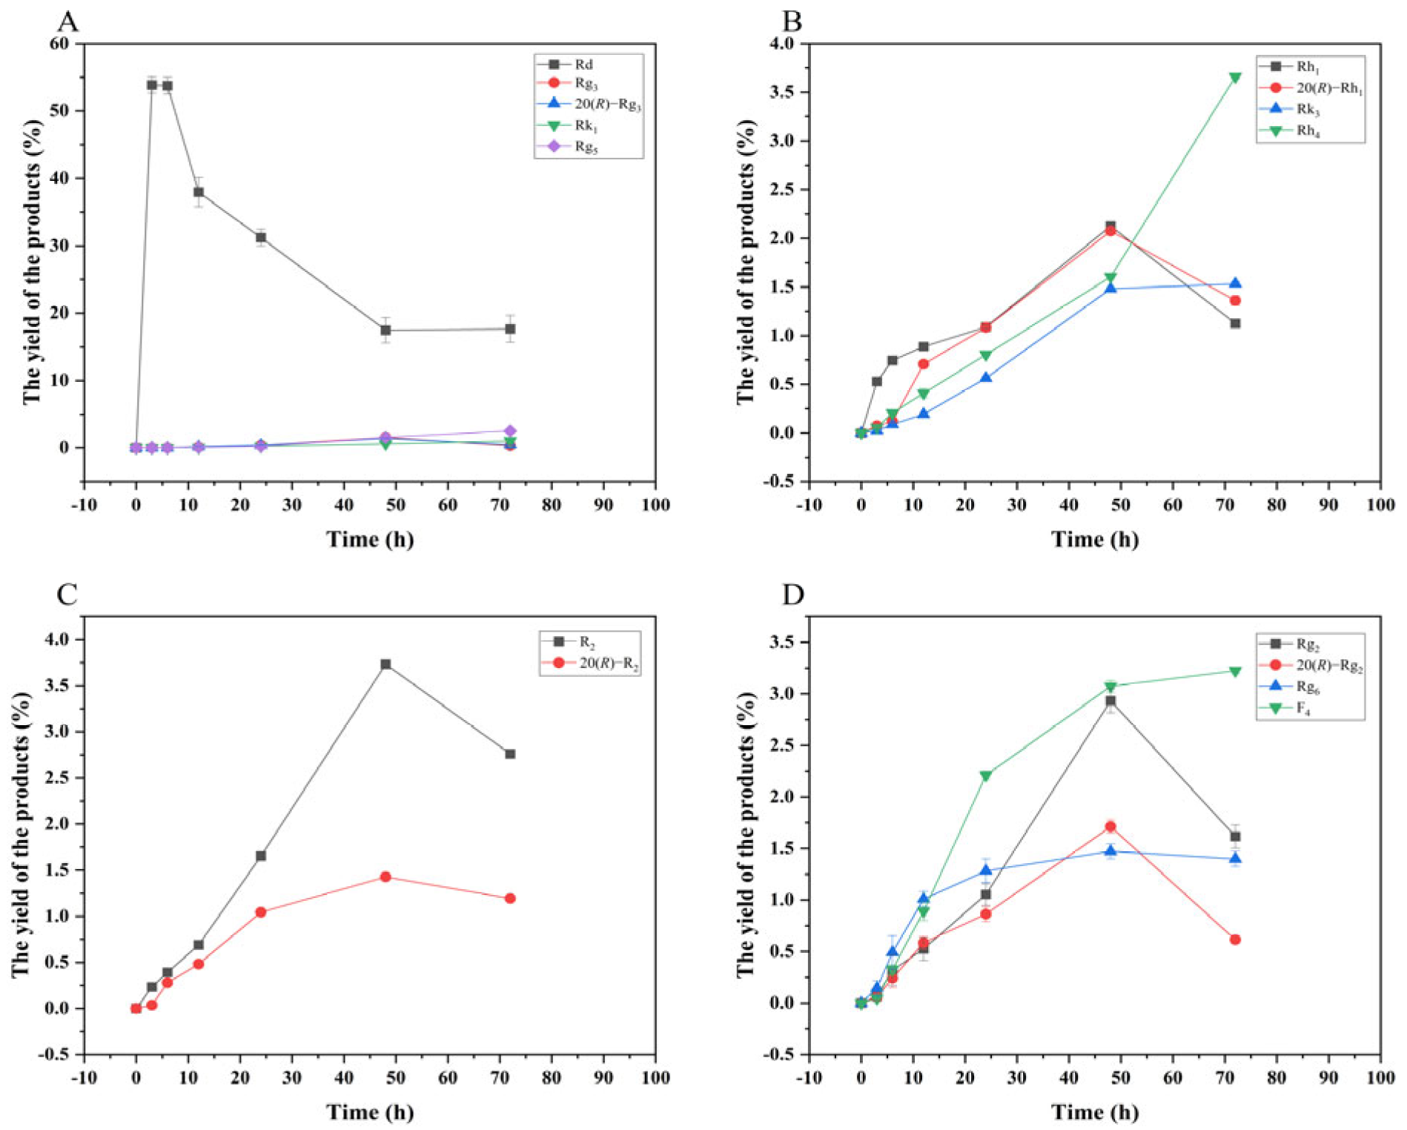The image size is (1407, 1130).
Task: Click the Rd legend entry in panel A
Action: click(583, 65)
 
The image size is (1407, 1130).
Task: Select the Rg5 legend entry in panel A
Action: click(586, 147)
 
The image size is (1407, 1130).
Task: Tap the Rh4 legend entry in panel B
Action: click(1308, 132)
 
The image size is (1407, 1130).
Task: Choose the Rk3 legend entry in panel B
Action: click(1308, 110)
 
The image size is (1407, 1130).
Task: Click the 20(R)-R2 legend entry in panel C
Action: click(609, 663)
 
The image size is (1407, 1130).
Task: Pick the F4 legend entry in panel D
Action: click(1303, 709)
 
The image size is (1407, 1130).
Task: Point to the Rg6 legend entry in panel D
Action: click(1308, 687)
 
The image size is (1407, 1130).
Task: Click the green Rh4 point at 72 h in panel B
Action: click(1235, 77)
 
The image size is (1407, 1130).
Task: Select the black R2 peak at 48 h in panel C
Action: click(385, 664)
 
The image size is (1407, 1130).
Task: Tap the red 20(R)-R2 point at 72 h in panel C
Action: click(510, 898)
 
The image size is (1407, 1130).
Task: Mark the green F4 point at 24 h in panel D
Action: click(986, 776)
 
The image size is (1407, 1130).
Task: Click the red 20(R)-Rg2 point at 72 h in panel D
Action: click(1235, 939)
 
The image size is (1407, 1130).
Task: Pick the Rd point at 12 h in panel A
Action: click(199, 192)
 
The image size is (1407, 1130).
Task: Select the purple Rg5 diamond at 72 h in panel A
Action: click(510, 431)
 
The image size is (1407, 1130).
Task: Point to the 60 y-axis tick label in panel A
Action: click(58, 44)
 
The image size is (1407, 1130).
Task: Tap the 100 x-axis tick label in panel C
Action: click(655, 1077)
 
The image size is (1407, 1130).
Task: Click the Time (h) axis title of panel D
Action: click(1094, 1111)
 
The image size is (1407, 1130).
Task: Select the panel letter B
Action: click(792, 22)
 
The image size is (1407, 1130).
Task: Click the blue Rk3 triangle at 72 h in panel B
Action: click(1235, 283)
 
